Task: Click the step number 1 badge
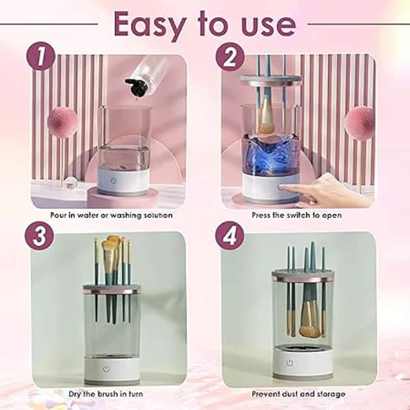[41, 57]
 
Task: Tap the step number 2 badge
[230, 57]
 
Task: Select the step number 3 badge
[40, 236]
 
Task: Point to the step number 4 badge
[230, 236]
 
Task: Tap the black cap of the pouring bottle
[135, 87]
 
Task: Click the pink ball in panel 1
[62, 122]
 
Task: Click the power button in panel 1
[113, 180]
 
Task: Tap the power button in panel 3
[106, 369]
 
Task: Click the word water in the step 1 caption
[84, 215]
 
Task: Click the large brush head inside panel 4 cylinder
[310, 321]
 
